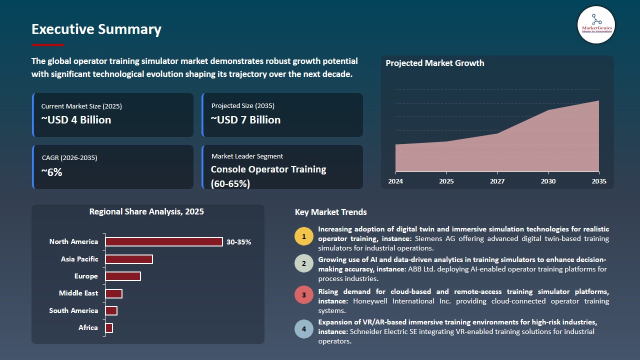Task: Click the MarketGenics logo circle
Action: tap(596, 25)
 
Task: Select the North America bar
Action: tap(164, 241)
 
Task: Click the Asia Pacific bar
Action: tap(129, 259)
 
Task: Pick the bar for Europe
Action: tap(123, 276)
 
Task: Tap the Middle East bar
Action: tap(113, 293)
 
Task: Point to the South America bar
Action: tap(111, 310)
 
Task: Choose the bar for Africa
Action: tap(109, 328)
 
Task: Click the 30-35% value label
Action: tap(238, 242)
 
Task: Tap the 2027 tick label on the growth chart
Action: tap(497, 181)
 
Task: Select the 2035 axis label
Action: tap(599, 181)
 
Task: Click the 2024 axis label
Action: tap(395, 181)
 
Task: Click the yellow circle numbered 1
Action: tap(304, 236)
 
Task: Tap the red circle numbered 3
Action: tap(304, 295)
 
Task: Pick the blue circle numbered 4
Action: tap(304, 329)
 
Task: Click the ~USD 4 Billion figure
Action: tap(76, 119)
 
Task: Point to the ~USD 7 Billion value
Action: tap(245, 119)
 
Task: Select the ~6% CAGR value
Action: tap(51, 172)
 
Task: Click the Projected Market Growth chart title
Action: tap(435, 63)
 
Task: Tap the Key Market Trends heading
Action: tap(330, 212)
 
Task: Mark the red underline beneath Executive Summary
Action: tap(47, 45)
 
